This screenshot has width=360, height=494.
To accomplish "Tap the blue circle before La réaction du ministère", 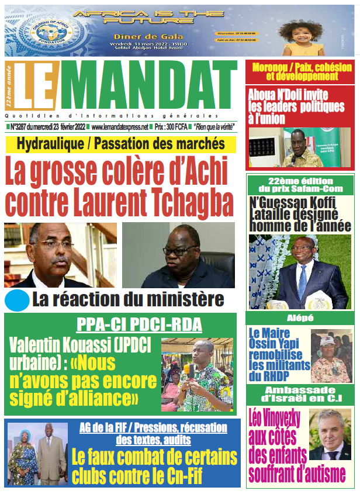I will (17, 300).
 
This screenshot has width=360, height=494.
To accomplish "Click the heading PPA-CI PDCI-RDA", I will (122, 324).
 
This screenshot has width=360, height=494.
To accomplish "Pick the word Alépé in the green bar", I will (300, 318).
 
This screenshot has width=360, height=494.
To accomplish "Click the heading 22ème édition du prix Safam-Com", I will (300, 185).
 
